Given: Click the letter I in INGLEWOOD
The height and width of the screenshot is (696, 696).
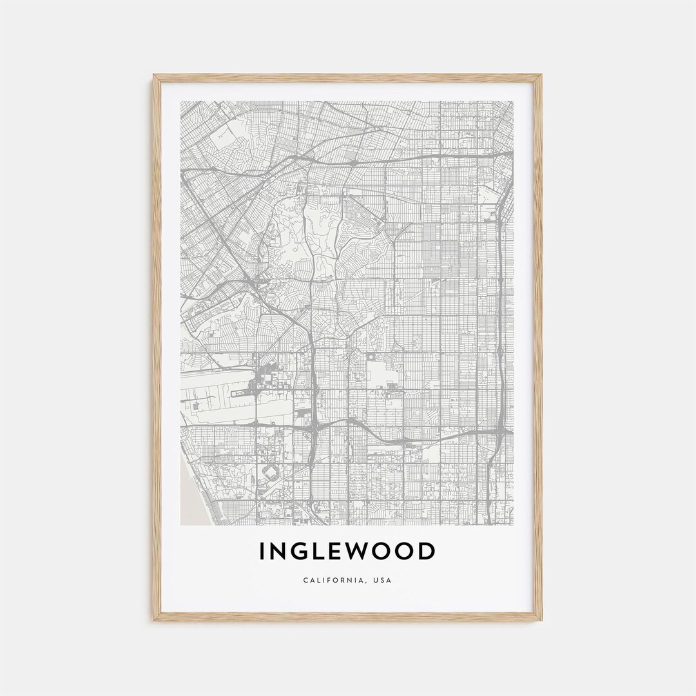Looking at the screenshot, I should pyautogui.click(x=262, y=552).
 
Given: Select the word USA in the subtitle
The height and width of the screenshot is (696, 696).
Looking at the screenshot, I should pyautogui.click(x=382, y=580).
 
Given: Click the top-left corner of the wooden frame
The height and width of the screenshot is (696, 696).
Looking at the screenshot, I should pyautogui.click(x=155, y=76).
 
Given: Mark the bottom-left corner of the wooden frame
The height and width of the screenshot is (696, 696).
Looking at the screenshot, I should pyautogui.click(x=155, y=619).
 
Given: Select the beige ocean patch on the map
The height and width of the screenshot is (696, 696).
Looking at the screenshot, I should pyautogui.click(x=189, y=496).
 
